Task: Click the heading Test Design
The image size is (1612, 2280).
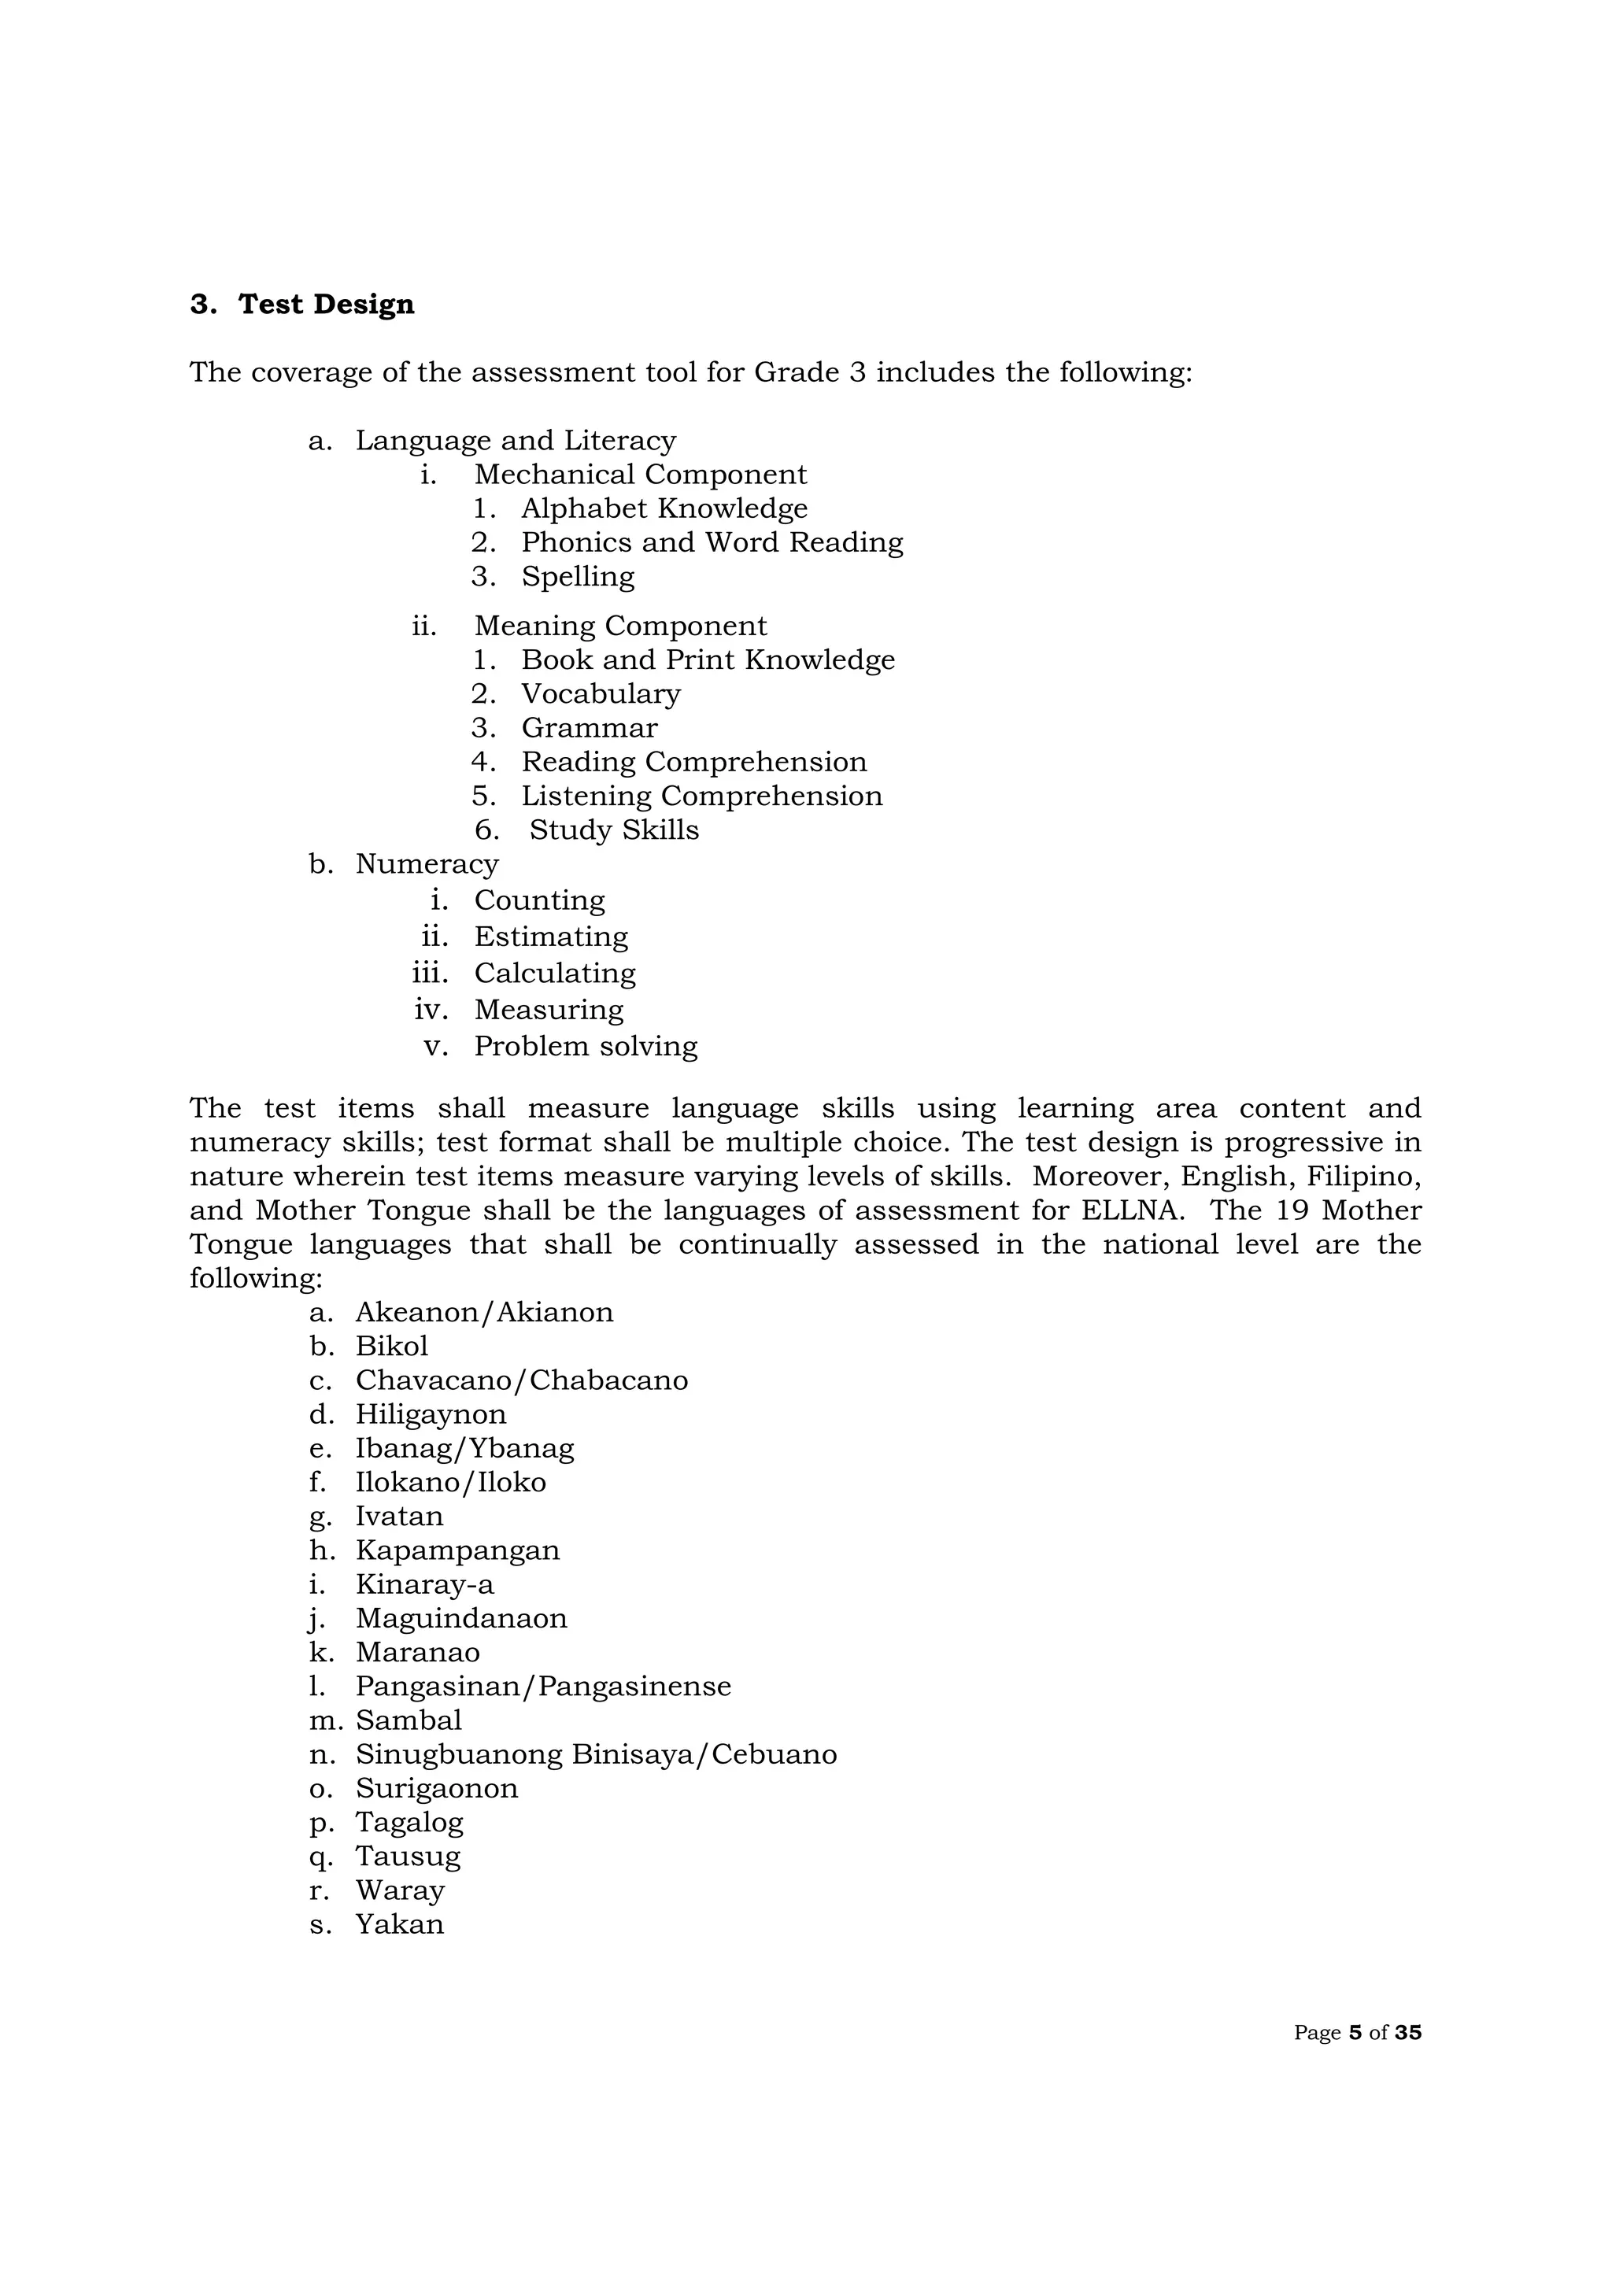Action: [326, 304]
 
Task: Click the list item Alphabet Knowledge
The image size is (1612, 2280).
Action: [664, 508]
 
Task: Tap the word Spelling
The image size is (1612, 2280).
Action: [577, 576]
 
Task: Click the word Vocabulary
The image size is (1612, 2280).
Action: [600, 693]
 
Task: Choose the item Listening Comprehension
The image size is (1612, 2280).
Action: [701, 796]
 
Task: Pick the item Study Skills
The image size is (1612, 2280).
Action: [614, 830]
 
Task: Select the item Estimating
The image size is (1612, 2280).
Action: [550, 937]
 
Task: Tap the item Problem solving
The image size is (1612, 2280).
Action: [585, 1046]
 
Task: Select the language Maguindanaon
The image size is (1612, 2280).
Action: [461, 1617]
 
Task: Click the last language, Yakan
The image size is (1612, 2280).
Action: [399, 1923]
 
